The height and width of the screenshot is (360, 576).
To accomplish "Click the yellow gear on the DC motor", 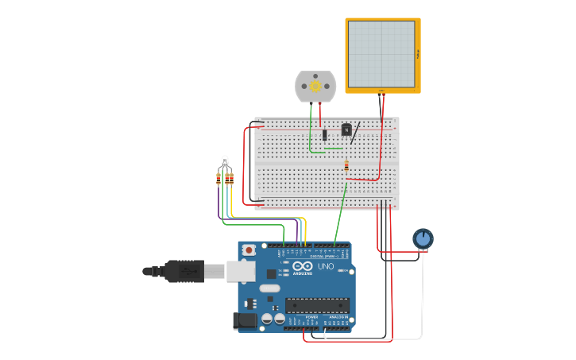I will [x=315, y=86].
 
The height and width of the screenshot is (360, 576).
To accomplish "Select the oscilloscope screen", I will [x=381, y=54].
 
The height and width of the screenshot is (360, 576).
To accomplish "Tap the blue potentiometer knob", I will [x=423, y=238].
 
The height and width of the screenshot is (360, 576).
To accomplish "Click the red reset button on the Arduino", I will [x=249, y=250].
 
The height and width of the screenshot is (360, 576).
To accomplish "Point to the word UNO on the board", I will [x=326, y=266].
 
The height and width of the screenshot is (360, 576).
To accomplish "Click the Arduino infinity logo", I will [x=303, y=266].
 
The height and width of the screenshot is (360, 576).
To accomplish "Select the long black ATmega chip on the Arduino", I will [x=317, y=305].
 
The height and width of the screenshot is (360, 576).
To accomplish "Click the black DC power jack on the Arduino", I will [x=245, y=321].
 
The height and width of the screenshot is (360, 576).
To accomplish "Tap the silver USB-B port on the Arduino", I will [x=241, y=272].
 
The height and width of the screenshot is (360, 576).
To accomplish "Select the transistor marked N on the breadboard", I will [x=346, y=130].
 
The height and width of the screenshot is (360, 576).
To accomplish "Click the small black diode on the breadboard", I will [x=324, y=135].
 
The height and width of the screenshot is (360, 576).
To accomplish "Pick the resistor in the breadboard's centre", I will [x=346, y=166].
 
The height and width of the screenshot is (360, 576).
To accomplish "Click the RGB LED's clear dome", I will [x=225, y=161].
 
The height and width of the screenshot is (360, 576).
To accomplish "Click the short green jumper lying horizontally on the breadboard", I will [x=334, y=148].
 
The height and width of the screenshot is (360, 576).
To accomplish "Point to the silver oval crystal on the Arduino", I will [x=269, y=288].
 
